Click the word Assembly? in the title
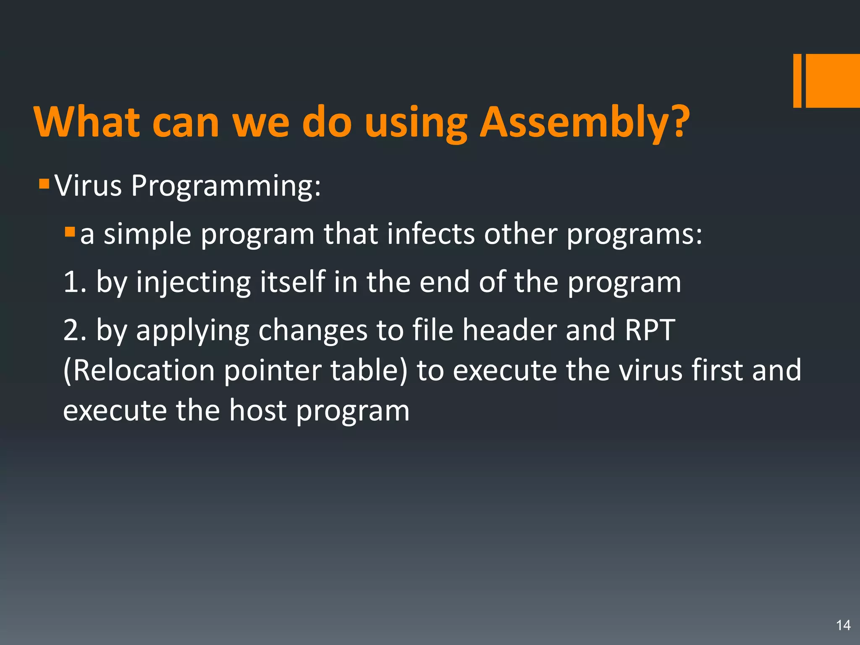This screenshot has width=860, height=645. [x=585, y=123]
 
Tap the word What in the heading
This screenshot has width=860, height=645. [x=87, y=123]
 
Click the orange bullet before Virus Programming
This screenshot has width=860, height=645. [x=44, y=184]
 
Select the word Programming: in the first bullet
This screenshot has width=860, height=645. [x=226, y=186]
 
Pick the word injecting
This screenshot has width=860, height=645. [x=193, y=283]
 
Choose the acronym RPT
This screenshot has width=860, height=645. [x=650, y=330]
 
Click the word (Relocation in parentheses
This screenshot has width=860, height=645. [x=139, y=370]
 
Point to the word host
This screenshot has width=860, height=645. [x=257, y=410]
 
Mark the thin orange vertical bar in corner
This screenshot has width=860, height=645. [x=797, y=81]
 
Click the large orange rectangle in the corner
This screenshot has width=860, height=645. [x=833, y=81]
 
